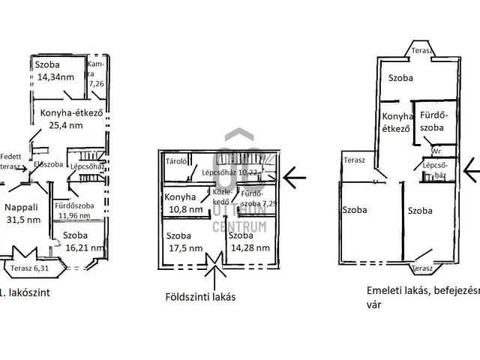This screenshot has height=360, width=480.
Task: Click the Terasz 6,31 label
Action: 31,267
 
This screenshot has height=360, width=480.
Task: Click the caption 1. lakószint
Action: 25,293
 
